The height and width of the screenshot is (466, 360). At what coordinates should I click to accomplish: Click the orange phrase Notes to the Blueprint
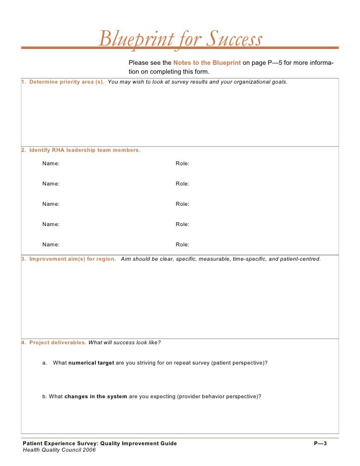coord(207,63)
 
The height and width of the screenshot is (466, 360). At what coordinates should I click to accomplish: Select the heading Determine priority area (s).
coord(66,82)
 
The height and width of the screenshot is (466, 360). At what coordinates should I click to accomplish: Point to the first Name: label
coord(51,163)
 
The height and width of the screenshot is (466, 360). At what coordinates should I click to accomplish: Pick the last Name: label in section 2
coord(51,244)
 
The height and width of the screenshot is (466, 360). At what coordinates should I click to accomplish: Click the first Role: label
coord(182,163)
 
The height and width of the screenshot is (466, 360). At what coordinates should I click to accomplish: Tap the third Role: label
coord(182,204)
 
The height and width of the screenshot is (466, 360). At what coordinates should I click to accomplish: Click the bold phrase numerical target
coord(91,363)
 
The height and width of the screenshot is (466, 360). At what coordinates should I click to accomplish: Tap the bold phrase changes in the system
coord(95,396)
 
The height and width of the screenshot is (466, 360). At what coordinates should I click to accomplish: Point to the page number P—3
coord(320,443)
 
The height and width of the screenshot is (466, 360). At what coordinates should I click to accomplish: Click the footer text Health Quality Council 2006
coord(59,450)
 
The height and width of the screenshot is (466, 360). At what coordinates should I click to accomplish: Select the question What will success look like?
coord(124,342)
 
